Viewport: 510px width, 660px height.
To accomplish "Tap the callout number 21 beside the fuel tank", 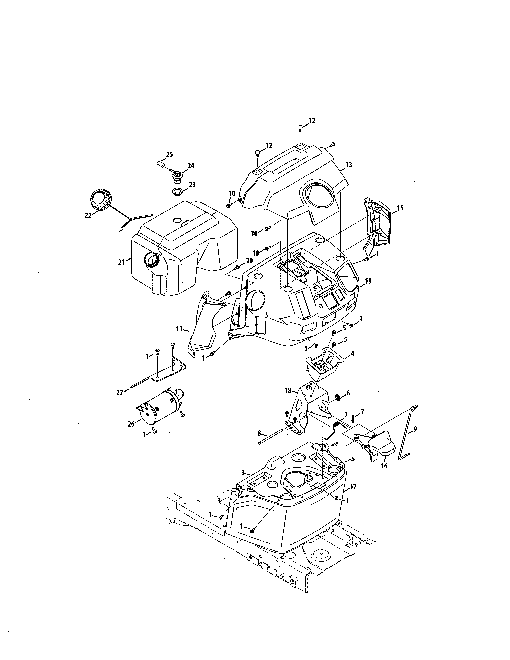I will (x=121, y=262).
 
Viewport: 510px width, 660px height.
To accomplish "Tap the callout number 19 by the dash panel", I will (x=368, y=281).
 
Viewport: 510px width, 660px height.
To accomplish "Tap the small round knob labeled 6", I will (x=339, y=398).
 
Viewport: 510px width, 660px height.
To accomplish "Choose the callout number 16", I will (x=384, y=466).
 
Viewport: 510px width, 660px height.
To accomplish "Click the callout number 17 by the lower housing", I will (x=353, y=487).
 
